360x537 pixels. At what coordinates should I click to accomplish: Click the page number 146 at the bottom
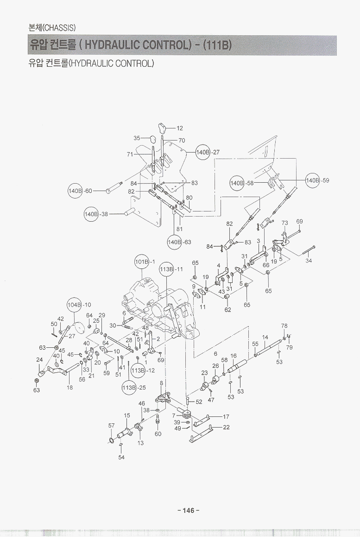[x=188, y=511]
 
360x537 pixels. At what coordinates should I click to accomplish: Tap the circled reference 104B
[x=75, y=305]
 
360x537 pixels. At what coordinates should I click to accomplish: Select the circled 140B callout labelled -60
[x=75, y=191]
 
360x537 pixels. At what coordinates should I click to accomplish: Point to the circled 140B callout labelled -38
[x=91, y=214]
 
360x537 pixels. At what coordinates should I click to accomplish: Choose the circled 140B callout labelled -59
[x=313, y=180]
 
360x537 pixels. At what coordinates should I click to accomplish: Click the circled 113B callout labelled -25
[x=129, y=387]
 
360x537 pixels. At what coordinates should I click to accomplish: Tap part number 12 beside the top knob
[x=180, y=128]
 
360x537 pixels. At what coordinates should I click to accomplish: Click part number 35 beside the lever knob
[x=137, y=138]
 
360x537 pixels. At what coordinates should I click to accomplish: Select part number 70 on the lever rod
[x=182, y=141]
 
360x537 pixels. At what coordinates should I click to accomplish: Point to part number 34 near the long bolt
[x=309, y=261]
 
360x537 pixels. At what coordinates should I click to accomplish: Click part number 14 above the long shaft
[x=265, y=337]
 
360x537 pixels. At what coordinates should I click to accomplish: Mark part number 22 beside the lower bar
[x=226, y=427]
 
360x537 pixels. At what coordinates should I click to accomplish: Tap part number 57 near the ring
[x=111, y=425]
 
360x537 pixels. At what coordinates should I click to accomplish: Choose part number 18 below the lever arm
[x=69, y=388]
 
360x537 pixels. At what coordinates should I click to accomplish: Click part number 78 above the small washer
[x=284, y=326]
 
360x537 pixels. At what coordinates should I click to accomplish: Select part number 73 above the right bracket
[x=284, y=223]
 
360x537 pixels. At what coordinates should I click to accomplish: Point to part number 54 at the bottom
[x=121, y=457]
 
